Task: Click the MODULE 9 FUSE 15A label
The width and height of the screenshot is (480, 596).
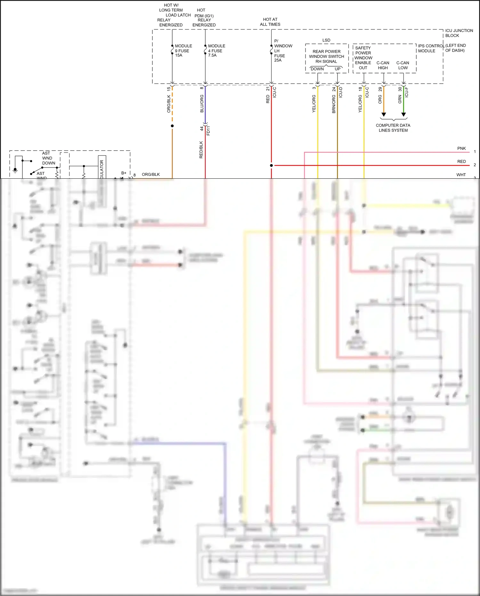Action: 183,51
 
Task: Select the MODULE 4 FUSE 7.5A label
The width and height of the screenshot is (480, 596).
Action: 216,51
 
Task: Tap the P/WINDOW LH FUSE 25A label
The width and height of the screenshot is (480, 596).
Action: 283,51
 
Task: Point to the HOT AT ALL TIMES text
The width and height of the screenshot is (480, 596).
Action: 270,22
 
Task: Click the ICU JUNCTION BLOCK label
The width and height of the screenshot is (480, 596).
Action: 459,33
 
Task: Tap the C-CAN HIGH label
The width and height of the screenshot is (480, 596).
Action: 383,65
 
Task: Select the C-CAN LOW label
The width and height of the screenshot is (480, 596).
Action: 403,65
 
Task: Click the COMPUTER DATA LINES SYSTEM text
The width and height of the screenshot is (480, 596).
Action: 393,128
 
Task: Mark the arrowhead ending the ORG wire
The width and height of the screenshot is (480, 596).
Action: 384,115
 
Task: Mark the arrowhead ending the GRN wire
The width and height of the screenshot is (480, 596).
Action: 403,115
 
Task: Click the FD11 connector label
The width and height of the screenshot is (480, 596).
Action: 208,131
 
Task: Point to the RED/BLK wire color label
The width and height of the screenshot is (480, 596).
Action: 201,150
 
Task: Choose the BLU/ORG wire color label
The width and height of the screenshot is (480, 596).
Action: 202,103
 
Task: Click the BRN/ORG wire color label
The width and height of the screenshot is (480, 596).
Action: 334,104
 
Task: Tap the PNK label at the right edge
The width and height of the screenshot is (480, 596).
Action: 461,148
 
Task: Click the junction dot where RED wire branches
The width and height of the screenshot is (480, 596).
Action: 271,166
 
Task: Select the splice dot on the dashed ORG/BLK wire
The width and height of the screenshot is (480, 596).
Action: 172,126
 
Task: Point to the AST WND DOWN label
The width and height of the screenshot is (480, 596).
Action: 48,158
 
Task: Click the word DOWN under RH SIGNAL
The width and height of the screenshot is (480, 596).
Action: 317,69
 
